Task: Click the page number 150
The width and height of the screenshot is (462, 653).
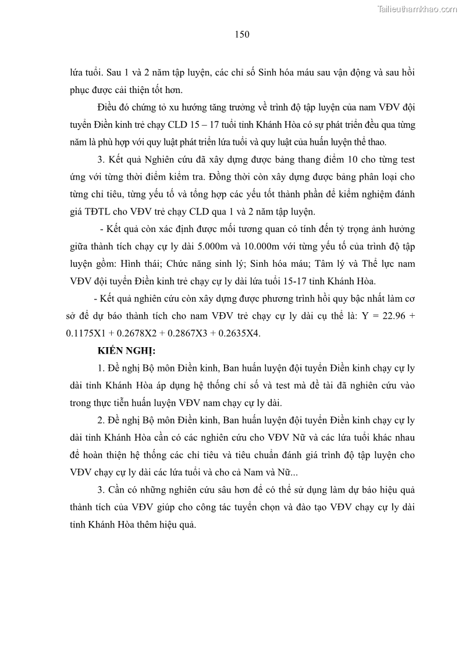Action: (x=242, y=34)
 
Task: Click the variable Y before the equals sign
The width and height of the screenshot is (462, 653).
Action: (x=363, y=317)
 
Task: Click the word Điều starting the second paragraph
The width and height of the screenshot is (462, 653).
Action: (x=109, y=108)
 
